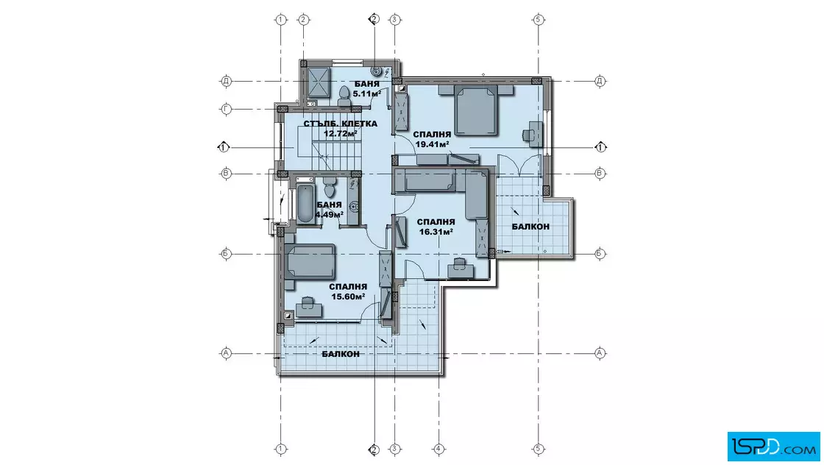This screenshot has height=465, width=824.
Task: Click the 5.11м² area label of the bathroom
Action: click(367, 93)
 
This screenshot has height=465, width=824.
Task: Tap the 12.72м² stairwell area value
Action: click(340, 133)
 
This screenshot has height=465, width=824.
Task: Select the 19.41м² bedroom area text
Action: click(432, 144)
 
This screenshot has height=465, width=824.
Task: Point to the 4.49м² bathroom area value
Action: click(330, 214)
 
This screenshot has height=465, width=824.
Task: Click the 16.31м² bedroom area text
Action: click(436, 231)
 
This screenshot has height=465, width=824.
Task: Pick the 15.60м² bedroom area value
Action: click(348, 297)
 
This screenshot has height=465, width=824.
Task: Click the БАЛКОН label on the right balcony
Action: click(530, 227)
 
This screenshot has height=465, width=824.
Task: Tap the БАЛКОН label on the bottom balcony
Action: click(341, 354)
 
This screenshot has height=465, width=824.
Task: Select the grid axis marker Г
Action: click(226, 110)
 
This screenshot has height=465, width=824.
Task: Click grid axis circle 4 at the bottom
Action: click(438, 450)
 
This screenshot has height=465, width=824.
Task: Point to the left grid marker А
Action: click(226, 353)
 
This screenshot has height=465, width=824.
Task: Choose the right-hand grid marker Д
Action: click(600, 81)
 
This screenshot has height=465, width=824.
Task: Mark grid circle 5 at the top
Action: click(538, 20)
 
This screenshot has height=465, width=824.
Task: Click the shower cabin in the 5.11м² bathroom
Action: click(319, 82)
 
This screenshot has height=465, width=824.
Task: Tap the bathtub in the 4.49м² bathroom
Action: click(305, 204)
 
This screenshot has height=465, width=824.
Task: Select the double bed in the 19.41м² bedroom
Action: click(476, 110)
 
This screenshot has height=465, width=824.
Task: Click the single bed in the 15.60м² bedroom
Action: click(310, 262)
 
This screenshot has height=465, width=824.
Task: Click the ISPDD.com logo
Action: click(773, 447)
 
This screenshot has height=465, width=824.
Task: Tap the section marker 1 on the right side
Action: click(600, 147)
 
